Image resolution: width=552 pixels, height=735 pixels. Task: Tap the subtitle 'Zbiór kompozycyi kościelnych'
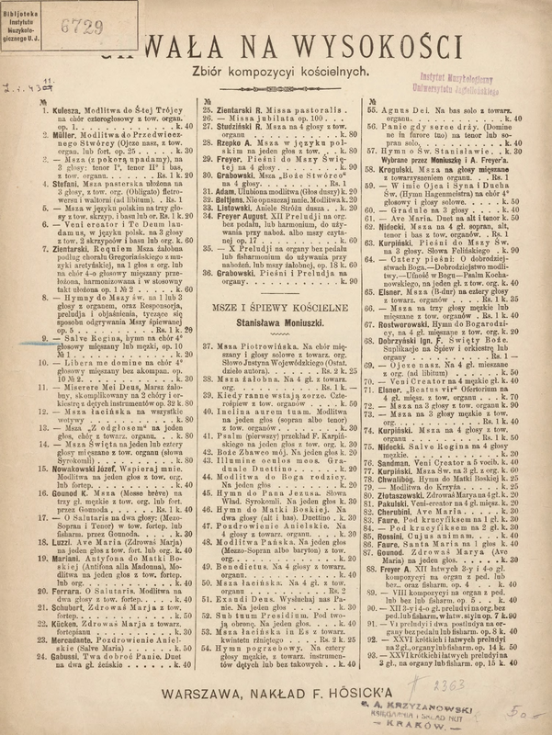(x=276, y=70)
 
